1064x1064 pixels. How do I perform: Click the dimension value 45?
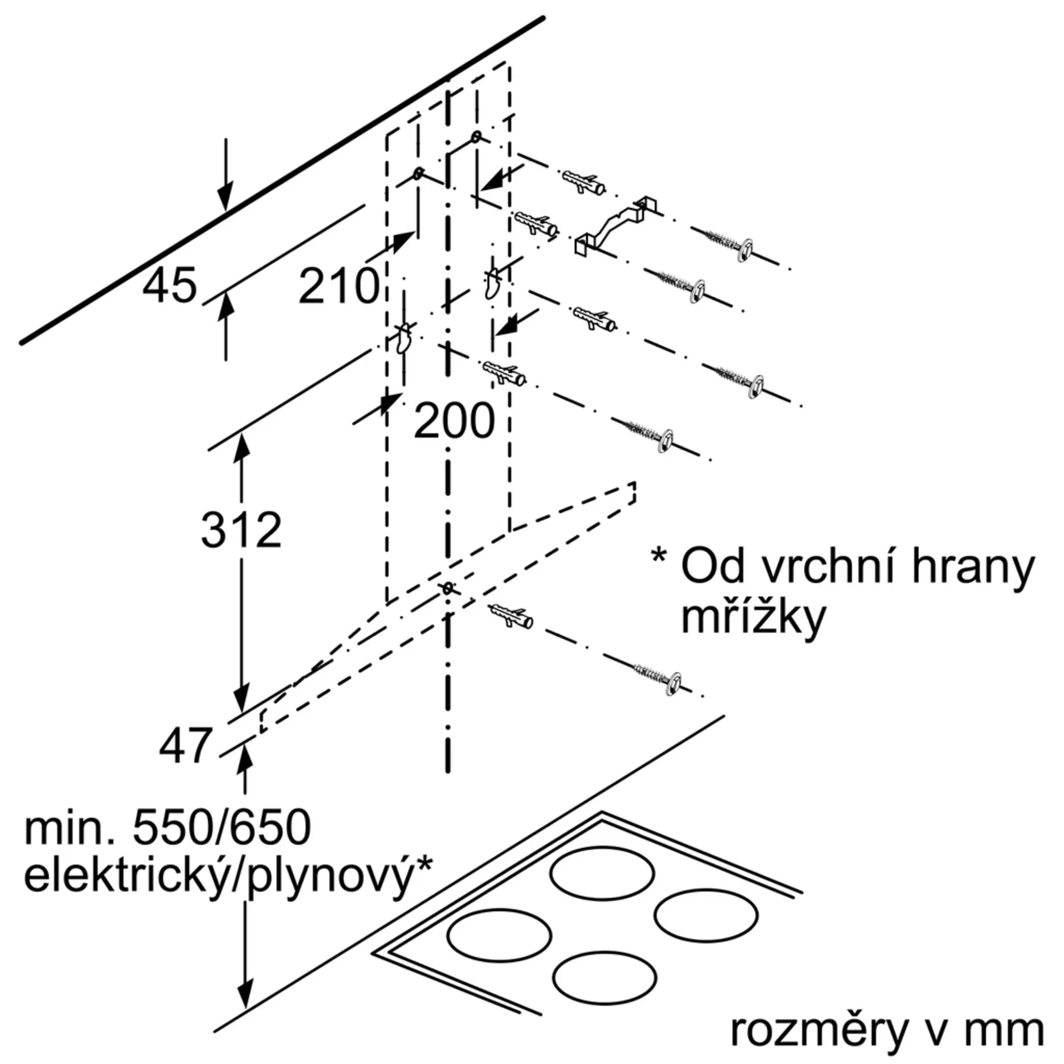pos(170,285)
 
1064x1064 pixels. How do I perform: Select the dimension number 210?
pos(339,286)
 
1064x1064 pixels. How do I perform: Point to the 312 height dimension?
pos(241,530)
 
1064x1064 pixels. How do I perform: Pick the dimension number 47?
pos(185,746)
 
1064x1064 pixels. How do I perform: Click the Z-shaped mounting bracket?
pos(616,226)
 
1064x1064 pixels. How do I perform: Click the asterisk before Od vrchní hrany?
pos(658,555)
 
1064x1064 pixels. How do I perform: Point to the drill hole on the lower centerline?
pos(448,589)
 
